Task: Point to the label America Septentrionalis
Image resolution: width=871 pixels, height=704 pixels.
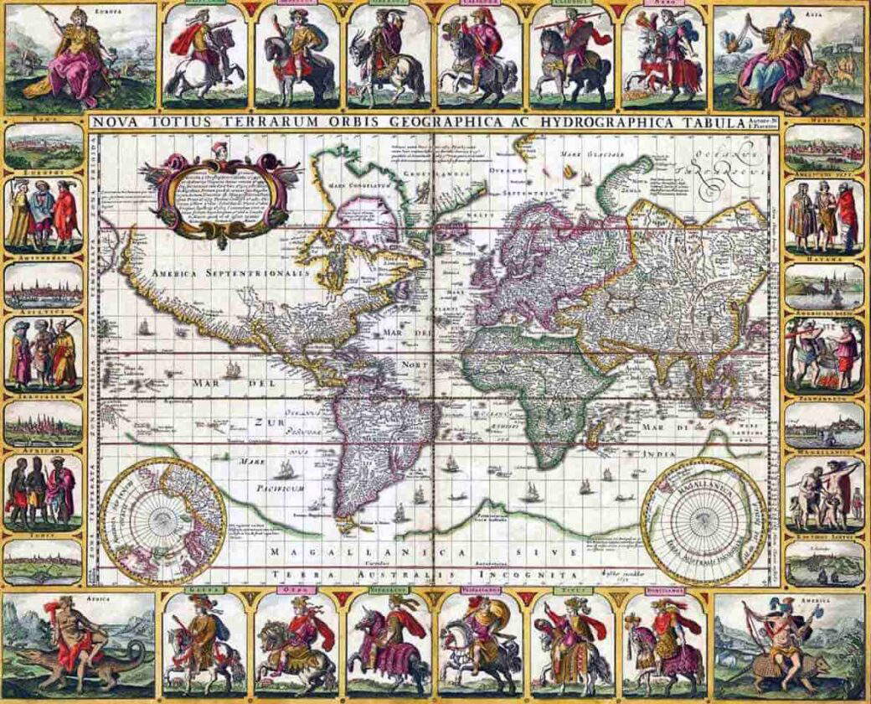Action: tap(230, 273)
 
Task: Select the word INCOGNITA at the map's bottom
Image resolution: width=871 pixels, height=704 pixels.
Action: tap(525, 577)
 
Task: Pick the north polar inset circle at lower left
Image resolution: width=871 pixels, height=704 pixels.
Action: tap(163, 520)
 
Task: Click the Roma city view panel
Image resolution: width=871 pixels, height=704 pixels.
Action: tap(44, 148)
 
